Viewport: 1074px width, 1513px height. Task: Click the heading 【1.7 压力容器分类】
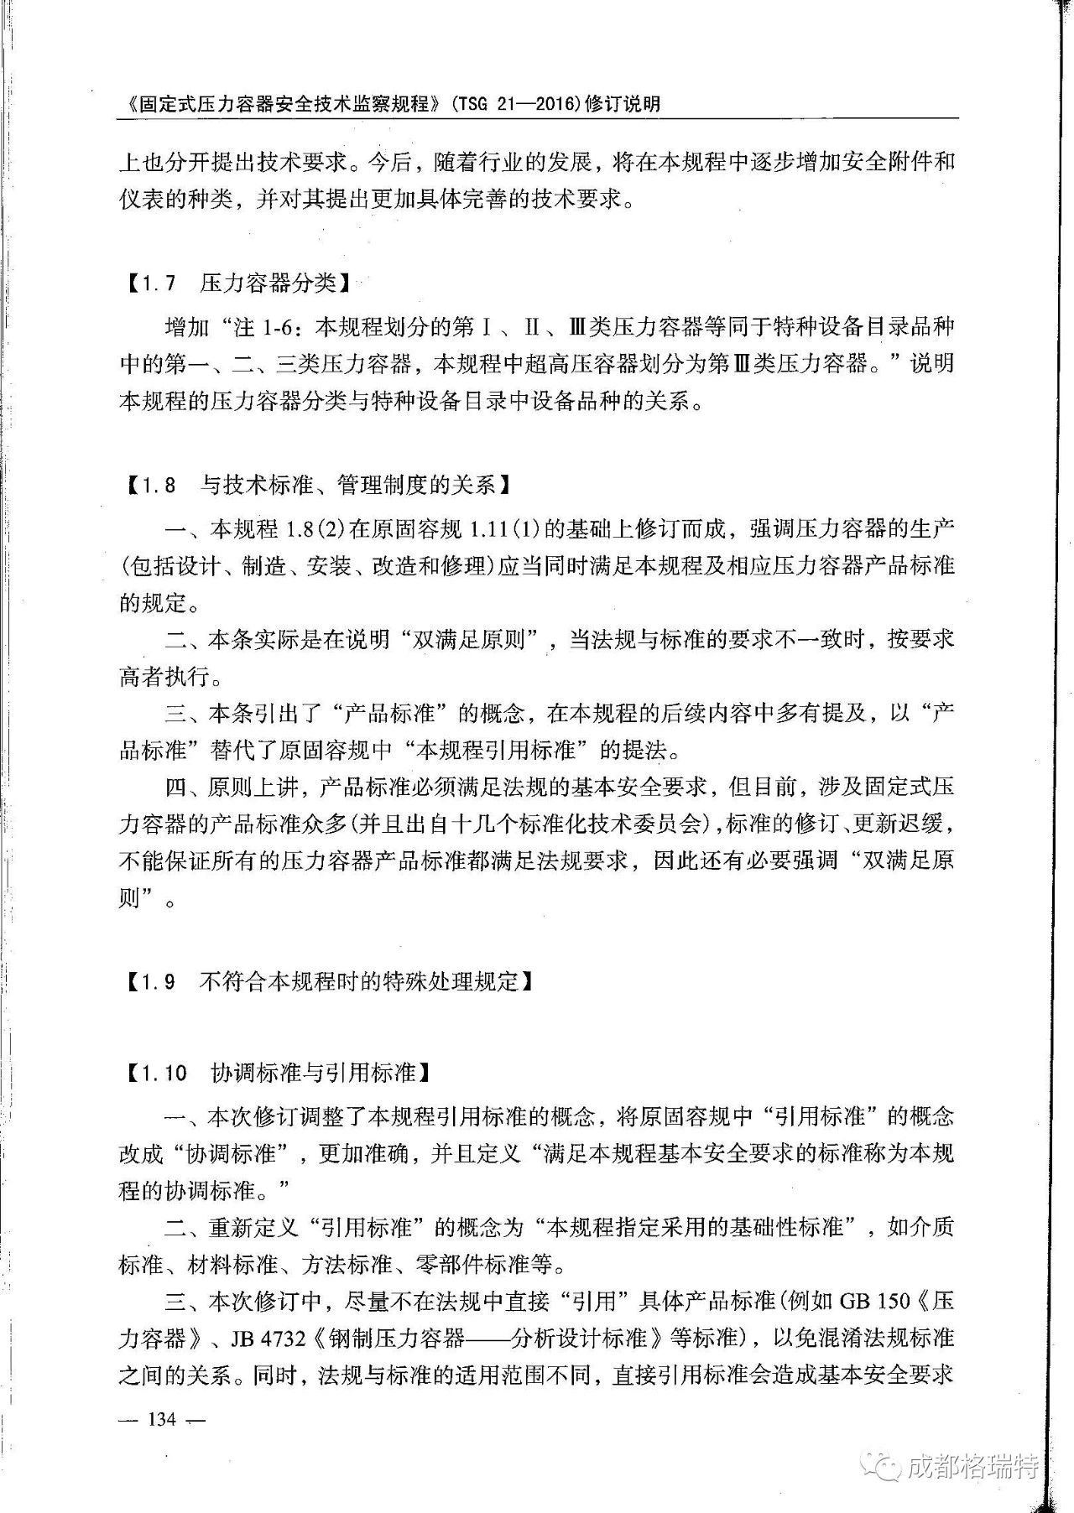[x=234, y=283]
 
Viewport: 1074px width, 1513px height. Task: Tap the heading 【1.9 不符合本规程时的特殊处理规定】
[x=328, y=981]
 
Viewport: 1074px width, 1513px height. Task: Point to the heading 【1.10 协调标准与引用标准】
[x=278, y=1072]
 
